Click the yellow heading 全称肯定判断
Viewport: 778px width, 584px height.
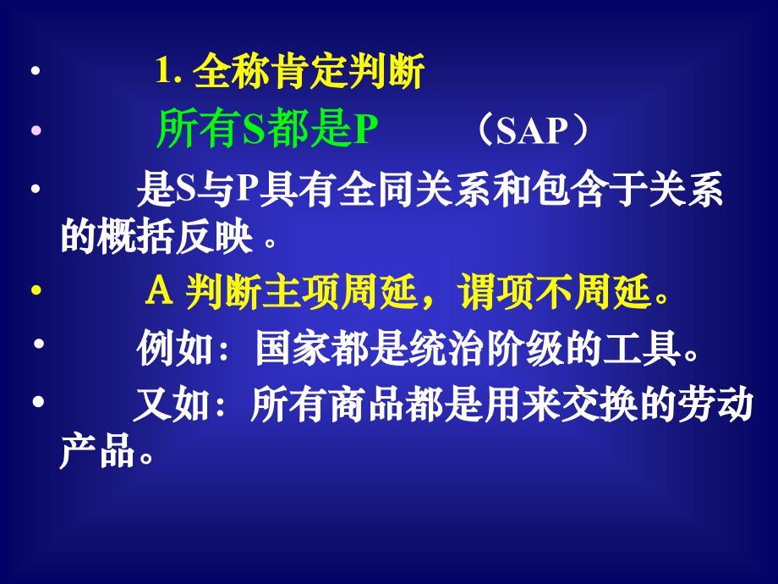click(309, 71)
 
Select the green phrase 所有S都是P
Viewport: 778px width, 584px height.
click(267, 129)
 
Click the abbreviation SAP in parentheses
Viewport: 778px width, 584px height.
click(531, 131)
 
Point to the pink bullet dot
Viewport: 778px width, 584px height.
click(36, 130)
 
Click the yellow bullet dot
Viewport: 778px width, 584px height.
click(36, 289)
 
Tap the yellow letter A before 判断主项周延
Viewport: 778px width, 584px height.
click(159, 290)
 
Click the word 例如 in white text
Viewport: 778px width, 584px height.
click(175, 348)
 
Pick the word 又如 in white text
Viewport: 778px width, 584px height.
click(172, 405)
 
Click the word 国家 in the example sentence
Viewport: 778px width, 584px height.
click(293, 348)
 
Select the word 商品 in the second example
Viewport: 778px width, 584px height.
click(366, 405)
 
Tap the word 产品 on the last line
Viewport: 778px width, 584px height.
click(97, 450)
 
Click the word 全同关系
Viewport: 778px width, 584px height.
click(415, 190)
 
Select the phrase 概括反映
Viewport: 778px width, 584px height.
click(176, 236)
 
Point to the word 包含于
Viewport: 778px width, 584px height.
click(589, 190)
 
